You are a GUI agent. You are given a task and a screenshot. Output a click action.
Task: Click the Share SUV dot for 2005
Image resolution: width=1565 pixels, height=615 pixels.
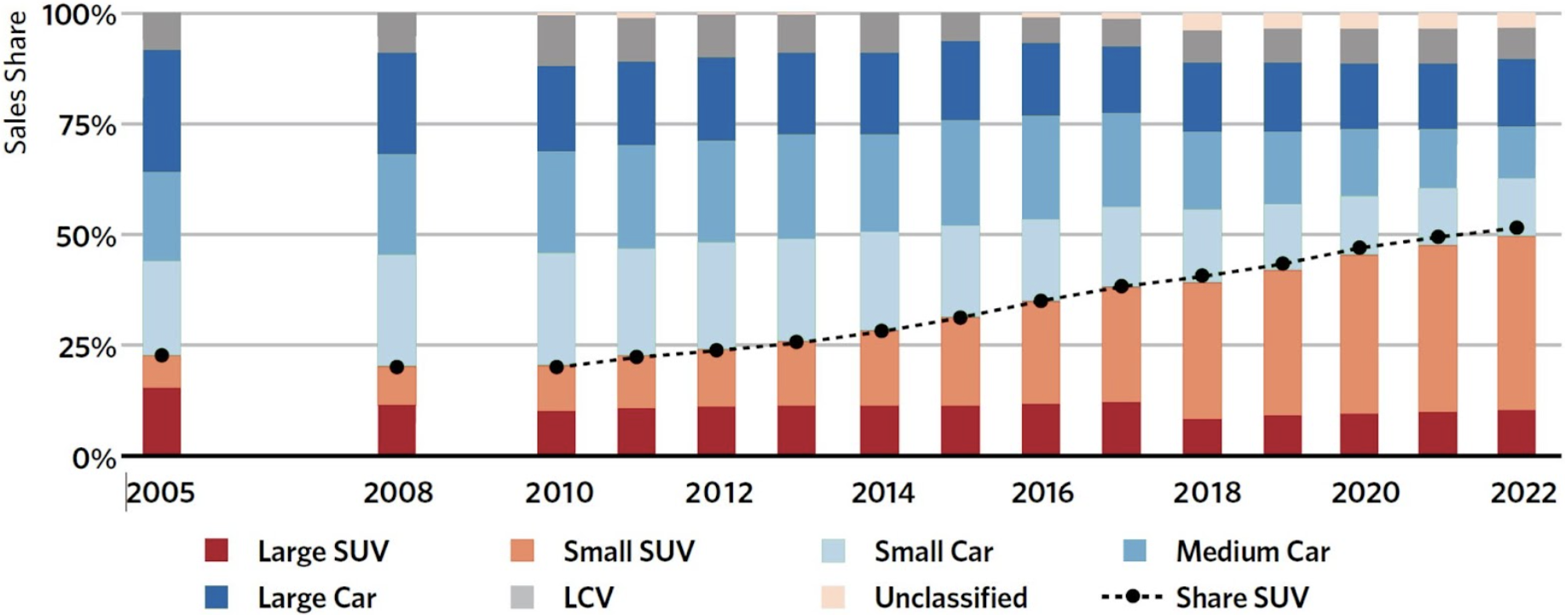(x=162, y=355)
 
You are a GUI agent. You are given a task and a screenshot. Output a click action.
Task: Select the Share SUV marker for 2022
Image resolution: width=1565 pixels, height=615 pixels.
(x=1516, y=227)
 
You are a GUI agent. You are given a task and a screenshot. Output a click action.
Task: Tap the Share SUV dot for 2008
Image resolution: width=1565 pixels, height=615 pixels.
(x=396, y=367)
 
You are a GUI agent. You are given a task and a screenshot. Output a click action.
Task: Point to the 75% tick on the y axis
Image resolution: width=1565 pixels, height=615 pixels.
(x=87, y=125)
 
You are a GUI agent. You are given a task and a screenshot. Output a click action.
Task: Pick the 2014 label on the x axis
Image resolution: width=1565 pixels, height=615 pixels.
(x=882, y=492)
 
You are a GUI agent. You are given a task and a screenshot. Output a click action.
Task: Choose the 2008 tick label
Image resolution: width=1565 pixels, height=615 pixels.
(x=398, y=492)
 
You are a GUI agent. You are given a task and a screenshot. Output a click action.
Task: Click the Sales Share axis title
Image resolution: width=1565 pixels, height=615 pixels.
(x=15, y=83)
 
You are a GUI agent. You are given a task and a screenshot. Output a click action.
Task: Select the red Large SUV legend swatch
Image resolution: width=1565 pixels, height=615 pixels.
(x=217, y=550)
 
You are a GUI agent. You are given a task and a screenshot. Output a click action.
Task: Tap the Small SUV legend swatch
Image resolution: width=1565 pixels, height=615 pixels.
(x=522, y=550)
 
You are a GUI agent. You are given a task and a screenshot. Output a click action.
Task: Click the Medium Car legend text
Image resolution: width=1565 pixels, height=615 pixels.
(x=1252, y=551)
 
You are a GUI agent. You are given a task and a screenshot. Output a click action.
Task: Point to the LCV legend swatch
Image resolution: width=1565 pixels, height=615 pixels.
(x=522, y=597)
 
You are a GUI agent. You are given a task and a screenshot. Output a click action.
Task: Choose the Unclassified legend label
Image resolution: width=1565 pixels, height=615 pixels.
(x=950, y=597)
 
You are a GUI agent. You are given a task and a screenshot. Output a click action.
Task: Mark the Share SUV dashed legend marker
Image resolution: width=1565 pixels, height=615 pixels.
(x=1132, y=597)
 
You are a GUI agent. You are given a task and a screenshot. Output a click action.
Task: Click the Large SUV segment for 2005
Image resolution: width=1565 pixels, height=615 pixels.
(x=162, y=422)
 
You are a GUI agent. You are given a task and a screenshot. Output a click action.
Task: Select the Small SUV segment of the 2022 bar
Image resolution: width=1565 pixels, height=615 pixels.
(x=1516, y=324)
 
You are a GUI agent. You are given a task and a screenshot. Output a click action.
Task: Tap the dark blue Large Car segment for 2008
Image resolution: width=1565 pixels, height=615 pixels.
(x=397, y=103)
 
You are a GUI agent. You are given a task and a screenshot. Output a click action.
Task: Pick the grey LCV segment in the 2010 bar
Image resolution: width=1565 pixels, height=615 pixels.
(x=557, y=41)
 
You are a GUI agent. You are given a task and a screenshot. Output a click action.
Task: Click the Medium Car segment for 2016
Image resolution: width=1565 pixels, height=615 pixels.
(x=1041, y=168)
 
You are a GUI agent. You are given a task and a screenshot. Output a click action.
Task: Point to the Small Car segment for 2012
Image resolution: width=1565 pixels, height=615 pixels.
(x=716, y=296)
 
